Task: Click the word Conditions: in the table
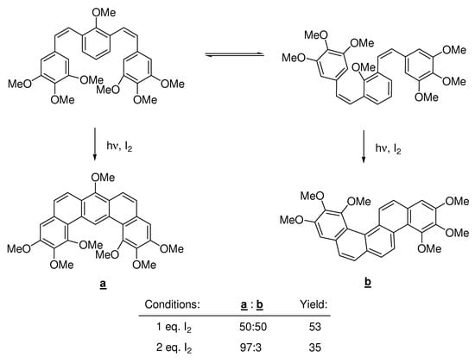[x=174, y=304]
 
